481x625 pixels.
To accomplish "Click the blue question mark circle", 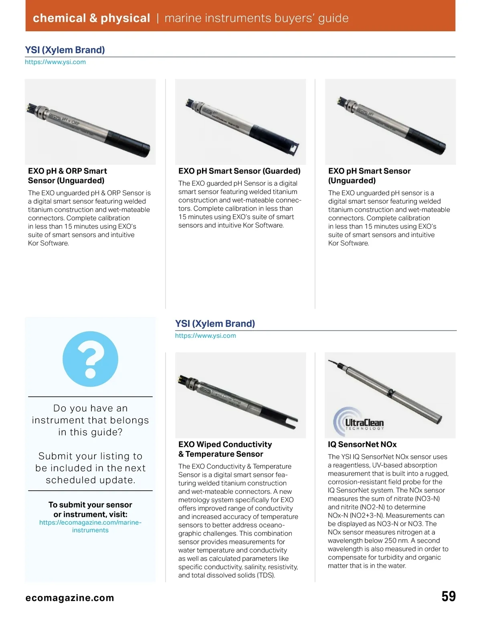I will click(91, 359).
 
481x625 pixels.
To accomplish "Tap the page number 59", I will click(449, 597).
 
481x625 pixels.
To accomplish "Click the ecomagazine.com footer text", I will click(70, 598).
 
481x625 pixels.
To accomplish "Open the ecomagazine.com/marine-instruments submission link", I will click(90, 526).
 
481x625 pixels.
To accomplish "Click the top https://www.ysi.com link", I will click(55, 62).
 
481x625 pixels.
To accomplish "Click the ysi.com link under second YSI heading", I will click(205, 335).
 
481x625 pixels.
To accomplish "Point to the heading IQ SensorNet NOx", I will click(362, 444).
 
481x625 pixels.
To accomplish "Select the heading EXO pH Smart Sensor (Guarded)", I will click(239, 171).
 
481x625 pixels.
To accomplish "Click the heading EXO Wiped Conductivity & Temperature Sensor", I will click(225, 449).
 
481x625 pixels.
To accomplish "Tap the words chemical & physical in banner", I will click(91, 18).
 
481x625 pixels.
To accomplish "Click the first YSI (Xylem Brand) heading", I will click(65, 50).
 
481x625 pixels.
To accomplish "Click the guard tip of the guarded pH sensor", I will click(293, 149).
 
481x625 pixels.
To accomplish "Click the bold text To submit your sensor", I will click(90, 505).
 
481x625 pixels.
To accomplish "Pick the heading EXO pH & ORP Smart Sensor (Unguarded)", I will click(67, 176).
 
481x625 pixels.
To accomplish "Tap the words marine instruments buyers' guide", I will click(257, 18).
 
